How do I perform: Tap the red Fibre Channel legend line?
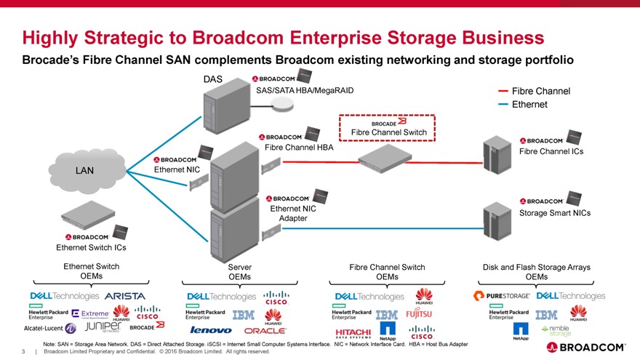click(x=503, y=91)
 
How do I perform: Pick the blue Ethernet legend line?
click(x=503, y=105)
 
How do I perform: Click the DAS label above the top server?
click(x=212, y=79)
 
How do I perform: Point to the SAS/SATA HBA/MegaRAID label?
click(x=305, y=90)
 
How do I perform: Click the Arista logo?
click(x=125, y=297)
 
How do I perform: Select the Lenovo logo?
click(x=211, y=330)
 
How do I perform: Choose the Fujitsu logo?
click(x=418, y=314)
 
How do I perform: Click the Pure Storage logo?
click(x=502, y=297)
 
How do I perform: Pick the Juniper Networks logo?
click(x=106, y=327)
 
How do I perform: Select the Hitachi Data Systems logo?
click(x=354, y=332)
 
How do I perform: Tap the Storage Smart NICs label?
click(x=555, y=213)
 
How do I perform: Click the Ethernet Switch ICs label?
click(x=91, y=248)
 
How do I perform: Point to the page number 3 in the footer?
click(x=24, y=352)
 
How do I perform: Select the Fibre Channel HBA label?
click(x=299, y=148)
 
